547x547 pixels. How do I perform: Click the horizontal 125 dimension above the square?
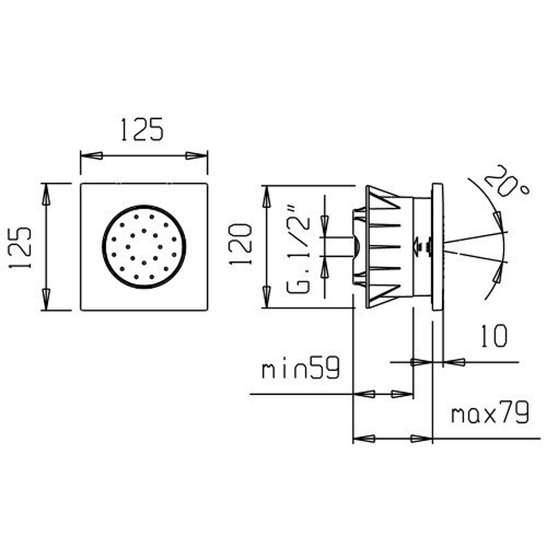click(x=142, y=129)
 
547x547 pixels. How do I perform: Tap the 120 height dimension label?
click(x=240, y=244)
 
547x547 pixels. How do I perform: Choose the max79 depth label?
click(x=490, y=413)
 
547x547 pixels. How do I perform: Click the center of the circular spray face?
click(x=144, y=247)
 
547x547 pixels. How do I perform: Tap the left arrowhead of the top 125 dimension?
click(x=91, y=156)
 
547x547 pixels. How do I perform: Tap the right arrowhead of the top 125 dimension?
click(x=197, y=156)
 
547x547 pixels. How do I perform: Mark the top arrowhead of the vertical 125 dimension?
click(x=46, y=194)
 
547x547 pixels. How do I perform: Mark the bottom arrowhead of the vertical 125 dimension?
click(x=46, y=299)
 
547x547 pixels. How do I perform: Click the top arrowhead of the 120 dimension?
click(x=267, y=197)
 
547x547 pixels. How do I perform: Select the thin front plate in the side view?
click(x=438, y=247)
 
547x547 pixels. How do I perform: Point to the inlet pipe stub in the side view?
click(x=337, y=247)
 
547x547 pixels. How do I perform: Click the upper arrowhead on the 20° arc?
click(x=500, y=222)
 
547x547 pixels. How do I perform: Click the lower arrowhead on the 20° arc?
click(x=500, y=272)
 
